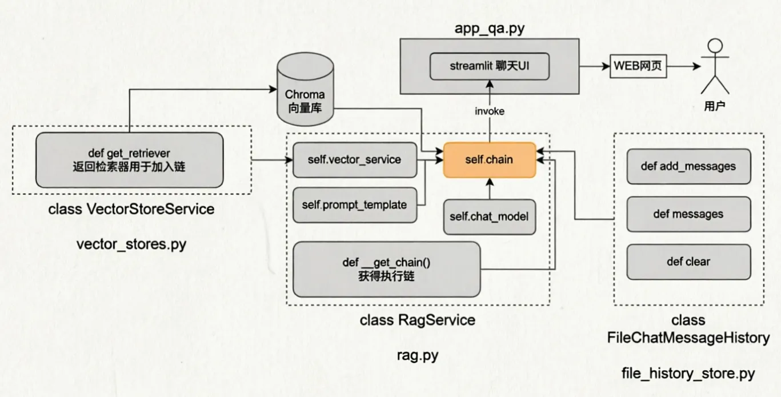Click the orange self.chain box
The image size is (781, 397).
click(x=489, y=160)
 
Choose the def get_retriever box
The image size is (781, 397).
click(x=130, y=160)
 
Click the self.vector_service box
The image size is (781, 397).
click(x=355, y=160)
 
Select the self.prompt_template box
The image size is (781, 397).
click(x=355, y=204)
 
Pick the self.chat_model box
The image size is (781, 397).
click(x=490, y=217)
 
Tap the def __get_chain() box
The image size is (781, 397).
click(x=386, y=269)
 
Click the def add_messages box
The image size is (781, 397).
click(x=688, y=166)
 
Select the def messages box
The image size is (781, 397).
click(x=688, y=214)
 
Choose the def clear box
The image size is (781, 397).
click(x=688, y=262)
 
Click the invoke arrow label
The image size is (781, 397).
click(x=490, y=111)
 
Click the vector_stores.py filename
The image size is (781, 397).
click(x=131, y=245)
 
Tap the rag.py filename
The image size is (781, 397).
click(x=417, y=355)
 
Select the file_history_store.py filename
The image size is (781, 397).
click(x=688, y=374)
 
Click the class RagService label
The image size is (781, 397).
click(x=417, y=320)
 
